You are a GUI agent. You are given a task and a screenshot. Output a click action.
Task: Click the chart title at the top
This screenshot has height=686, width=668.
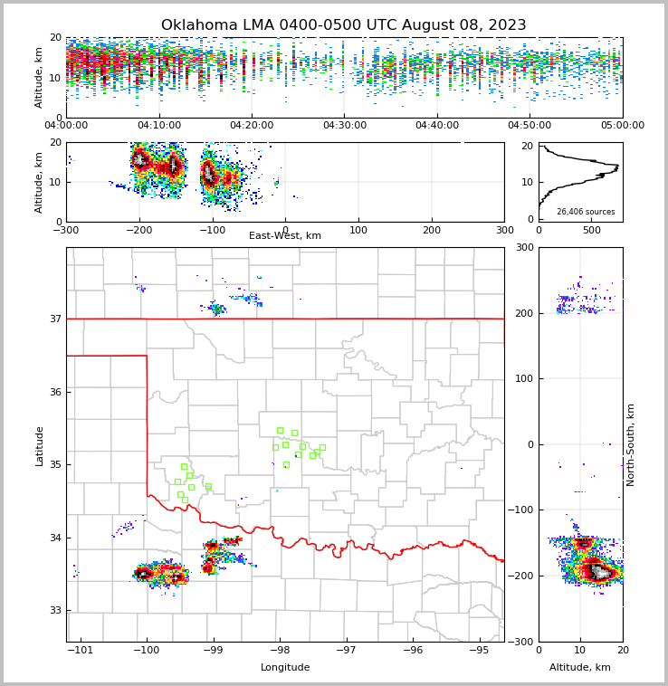coord(343,25)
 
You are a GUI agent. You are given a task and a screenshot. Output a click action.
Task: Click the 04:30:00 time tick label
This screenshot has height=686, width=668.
coord(344,126)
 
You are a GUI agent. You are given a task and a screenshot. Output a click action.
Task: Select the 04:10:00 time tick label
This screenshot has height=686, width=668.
coord(158,126)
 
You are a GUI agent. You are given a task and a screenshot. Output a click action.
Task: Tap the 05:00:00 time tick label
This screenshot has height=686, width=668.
coord(622,126)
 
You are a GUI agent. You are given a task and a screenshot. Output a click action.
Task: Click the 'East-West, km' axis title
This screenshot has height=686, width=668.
coord(285,236)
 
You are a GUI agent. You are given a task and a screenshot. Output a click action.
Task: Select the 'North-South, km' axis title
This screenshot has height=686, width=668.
coord(631,444)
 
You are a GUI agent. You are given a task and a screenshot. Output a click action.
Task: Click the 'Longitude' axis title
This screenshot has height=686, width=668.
coord(285,668)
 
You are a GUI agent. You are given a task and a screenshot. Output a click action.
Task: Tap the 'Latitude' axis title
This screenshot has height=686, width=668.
coord(40,445)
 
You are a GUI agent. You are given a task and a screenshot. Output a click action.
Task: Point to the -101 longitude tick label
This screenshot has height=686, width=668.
coord(81,651)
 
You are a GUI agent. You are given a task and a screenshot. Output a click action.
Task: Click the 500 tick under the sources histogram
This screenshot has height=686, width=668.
coord(591,231)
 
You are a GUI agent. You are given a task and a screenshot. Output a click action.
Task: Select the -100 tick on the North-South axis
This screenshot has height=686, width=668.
coord(522,510)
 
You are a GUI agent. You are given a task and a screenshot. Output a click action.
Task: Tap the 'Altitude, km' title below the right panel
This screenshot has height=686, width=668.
coord(580,668)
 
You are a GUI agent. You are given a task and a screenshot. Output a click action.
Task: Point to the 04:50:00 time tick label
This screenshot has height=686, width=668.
coord(530,126)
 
